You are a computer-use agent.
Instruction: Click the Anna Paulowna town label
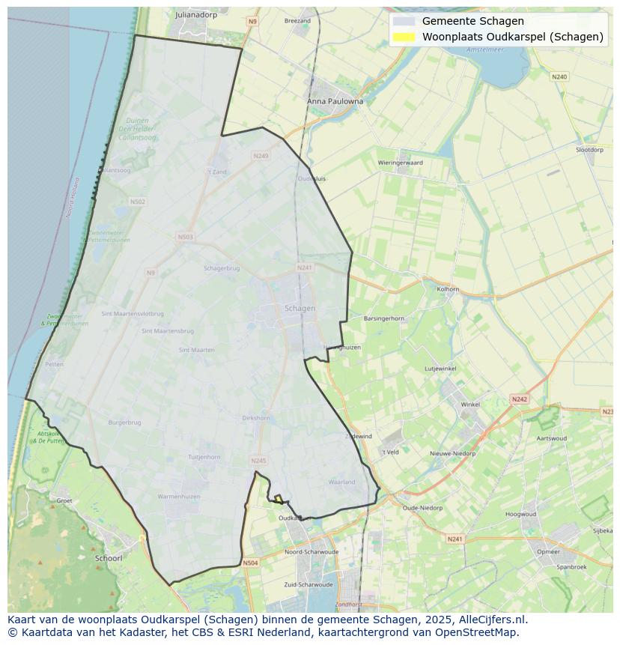335,101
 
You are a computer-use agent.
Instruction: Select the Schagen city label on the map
300,308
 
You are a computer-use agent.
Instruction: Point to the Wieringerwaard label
400,163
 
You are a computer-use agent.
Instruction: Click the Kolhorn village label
448,288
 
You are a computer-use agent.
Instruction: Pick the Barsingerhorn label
383,318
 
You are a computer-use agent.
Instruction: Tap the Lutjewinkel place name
440,369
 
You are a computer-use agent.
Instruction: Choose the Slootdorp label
589,150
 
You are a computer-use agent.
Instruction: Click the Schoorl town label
109,558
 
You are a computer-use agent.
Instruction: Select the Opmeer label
548,551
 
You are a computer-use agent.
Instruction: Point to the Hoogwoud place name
520,515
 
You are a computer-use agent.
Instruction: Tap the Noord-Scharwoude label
311,551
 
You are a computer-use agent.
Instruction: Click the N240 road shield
559,77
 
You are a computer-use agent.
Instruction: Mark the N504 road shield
250,563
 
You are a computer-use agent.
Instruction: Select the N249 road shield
261,156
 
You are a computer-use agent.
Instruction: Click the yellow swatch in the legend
404,37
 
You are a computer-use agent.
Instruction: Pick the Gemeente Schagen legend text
472,21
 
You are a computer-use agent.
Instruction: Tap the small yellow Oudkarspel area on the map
278,498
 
